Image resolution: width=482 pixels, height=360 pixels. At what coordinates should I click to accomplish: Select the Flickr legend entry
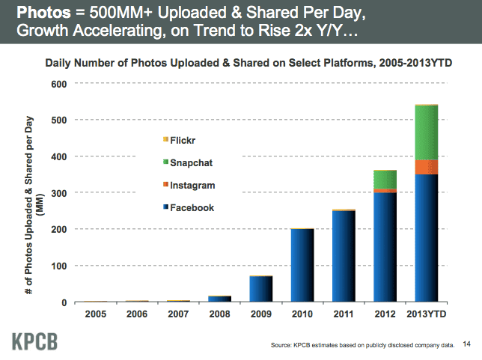point(179,140)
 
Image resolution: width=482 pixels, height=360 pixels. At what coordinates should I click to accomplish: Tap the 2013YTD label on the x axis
point(425,315)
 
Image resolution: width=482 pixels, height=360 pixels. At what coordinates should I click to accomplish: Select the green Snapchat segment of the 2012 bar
point(385,180)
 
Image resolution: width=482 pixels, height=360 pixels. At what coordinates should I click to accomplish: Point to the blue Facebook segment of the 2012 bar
point(385,248)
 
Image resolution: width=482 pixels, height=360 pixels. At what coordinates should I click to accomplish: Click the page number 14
point(467,344)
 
